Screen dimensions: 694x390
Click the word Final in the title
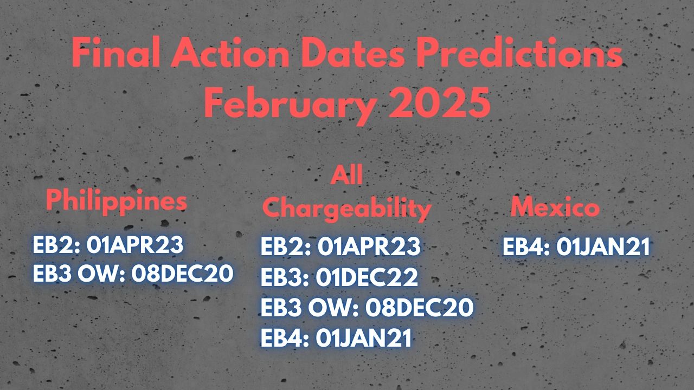point(116,52)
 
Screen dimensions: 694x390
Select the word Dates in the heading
point(352,52)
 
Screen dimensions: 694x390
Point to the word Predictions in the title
point(519,52)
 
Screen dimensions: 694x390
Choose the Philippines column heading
point(117,201)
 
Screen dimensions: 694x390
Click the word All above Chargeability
point(346,174)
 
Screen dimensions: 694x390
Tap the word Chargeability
point(347,209)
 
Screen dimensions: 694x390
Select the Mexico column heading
point(555,207)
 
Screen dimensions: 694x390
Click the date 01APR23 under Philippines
point(135,245)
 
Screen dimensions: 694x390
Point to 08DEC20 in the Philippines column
point(182,274)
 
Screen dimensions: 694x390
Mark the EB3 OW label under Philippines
point(79,274)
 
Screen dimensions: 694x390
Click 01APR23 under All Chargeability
point(369,246)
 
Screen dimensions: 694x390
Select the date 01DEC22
point(367,277)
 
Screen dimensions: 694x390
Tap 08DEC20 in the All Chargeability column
point(420,307)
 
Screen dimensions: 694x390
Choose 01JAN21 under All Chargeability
point(364,337)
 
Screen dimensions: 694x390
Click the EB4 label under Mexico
point(526,246)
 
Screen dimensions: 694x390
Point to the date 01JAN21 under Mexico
point(603,246)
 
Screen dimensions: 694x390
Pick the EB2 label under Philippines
point(56,245)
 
